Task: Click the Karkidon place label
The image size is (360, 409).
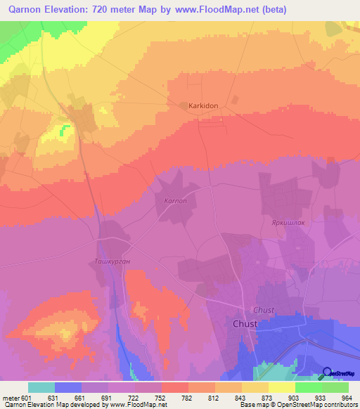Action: (204, 105)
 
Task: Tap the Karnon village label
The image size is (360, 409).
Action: (175, 201)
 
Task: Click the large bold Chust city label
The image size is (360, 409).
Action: (245, 324)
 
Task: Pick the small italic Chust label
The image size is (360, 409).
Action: (263, 310)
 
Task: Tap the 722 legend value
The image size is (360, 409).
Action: (134, 398)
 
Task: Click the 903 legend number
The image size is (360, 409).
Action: (288, 398)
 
